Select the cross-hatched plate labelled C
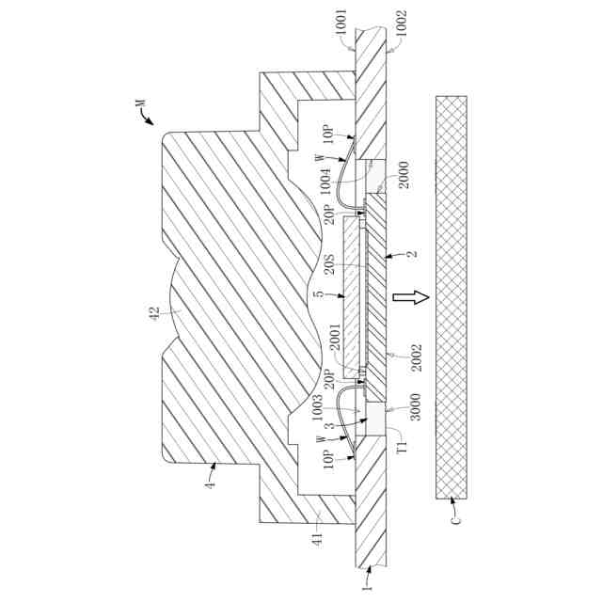click(x=451, y=297)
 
